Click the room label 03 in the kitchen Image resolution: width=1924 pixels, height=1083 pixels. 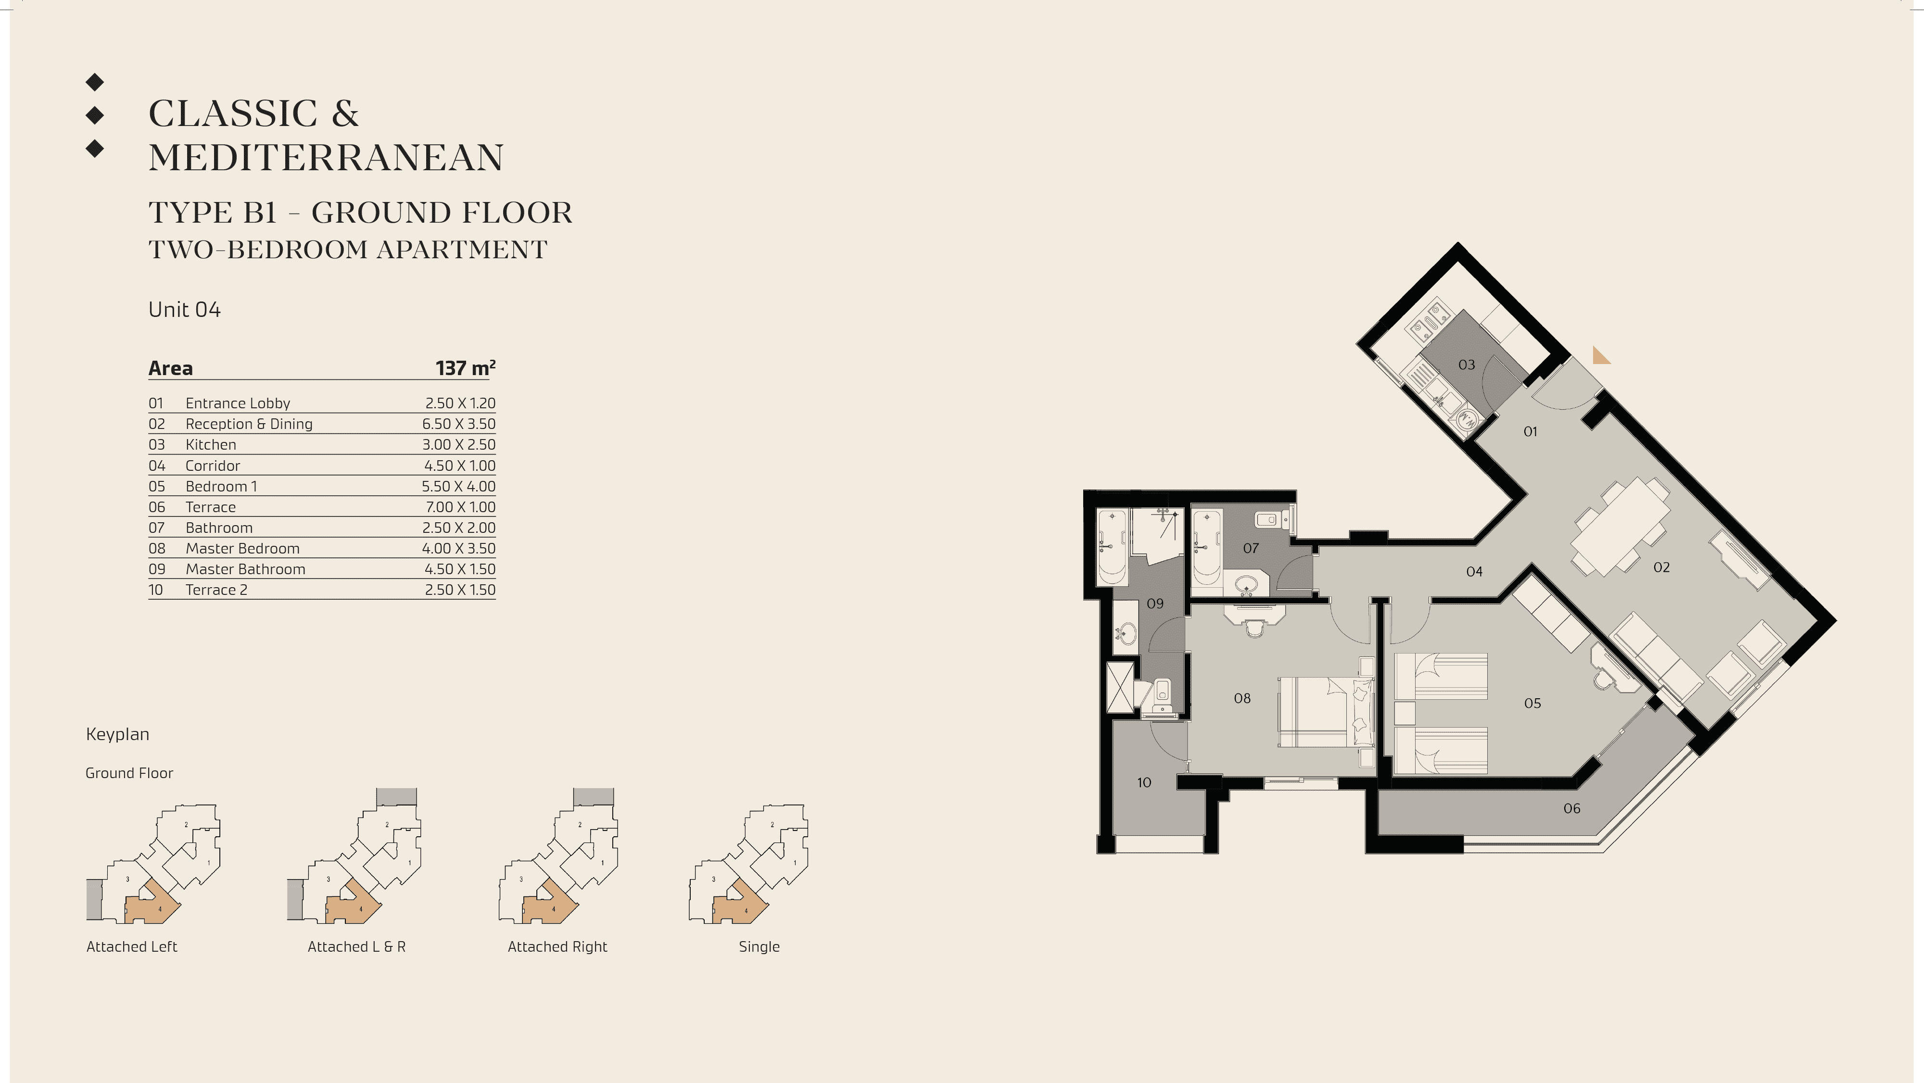click(x=1466, y=365)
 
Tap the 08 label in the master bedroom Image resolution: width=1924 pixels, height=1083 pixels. click(x=1242, y=698)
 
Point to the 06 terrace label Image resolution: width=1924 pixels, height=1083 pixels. click(x=1571, y=808)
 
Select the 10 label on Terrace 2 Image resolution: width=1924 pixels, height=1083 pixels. click(x=1143, y=783)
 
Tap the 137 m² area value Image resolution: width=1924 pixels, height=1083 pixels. click(x=465, y=368)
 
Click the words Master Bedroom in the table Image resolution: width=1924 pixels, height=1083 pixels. click(x=243, y=548)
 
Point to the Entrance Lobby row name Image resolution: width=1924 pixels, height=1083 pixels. click(x=238, y=403)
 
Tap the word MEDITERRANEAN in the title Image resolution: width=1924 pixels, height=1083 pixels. click(x=327, y=158)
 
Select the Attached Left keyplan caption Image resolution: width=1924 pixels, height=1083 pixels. click(x=131, y=946)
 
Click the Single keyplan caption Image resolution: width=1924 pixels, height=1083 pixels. click(x=759, y=946)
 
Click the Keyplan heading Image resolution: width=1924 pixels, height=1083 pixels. click(x=117, y=734)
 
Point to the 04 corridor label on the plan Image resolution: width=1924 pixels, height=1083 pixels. click(x=1474, y=572)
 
